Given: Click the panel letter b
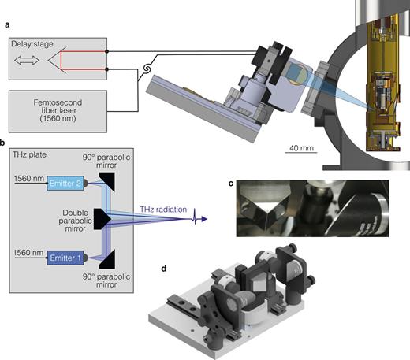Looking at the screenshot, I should coord(3,143).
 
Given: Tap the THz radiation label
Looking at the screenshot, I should coord(163,209).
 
